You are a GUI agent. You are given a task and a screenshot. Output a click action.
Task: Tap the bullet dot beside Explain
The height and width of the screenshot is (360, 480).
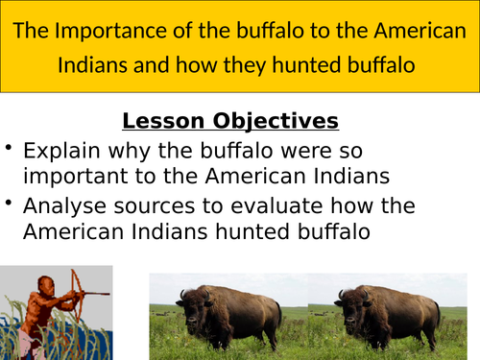tap(10, 148)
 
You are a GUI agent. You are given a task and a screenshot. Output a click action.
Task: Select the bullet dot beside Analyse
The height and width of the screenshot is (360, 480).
tap(10, 203)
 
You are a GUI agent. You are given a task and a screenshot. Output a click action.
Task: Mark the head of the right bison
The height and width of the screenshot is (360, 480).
tap(348, 312)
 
